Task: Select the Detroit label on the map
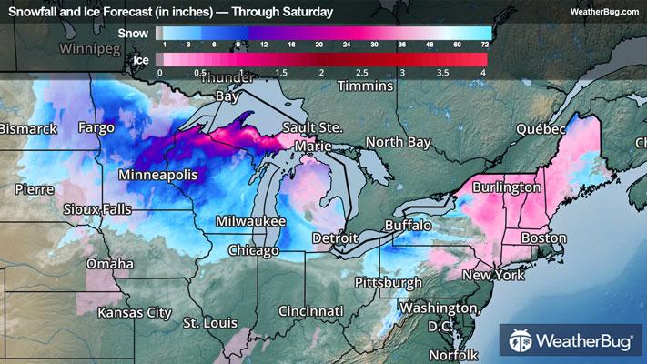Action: coord(335,238)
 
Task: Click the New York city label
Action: coord(495,275)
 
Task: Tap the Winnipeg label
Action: coord(92,45)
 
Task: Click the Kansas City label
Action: coord(135,313)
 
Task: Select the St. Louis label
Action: coord(209,323)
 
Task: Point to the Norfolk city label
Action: coord(453,354)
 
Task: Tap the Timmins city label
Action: coord(364,86)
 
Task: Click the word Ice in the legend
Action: coord(141,60)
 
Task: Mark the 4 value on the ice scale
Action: coord(483,72)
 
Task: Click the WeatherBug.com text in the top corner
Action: coord(603,11)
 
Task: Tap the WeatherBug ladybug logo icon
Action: coord(522,342)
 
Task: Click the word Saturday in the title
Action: coord(305,12)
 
